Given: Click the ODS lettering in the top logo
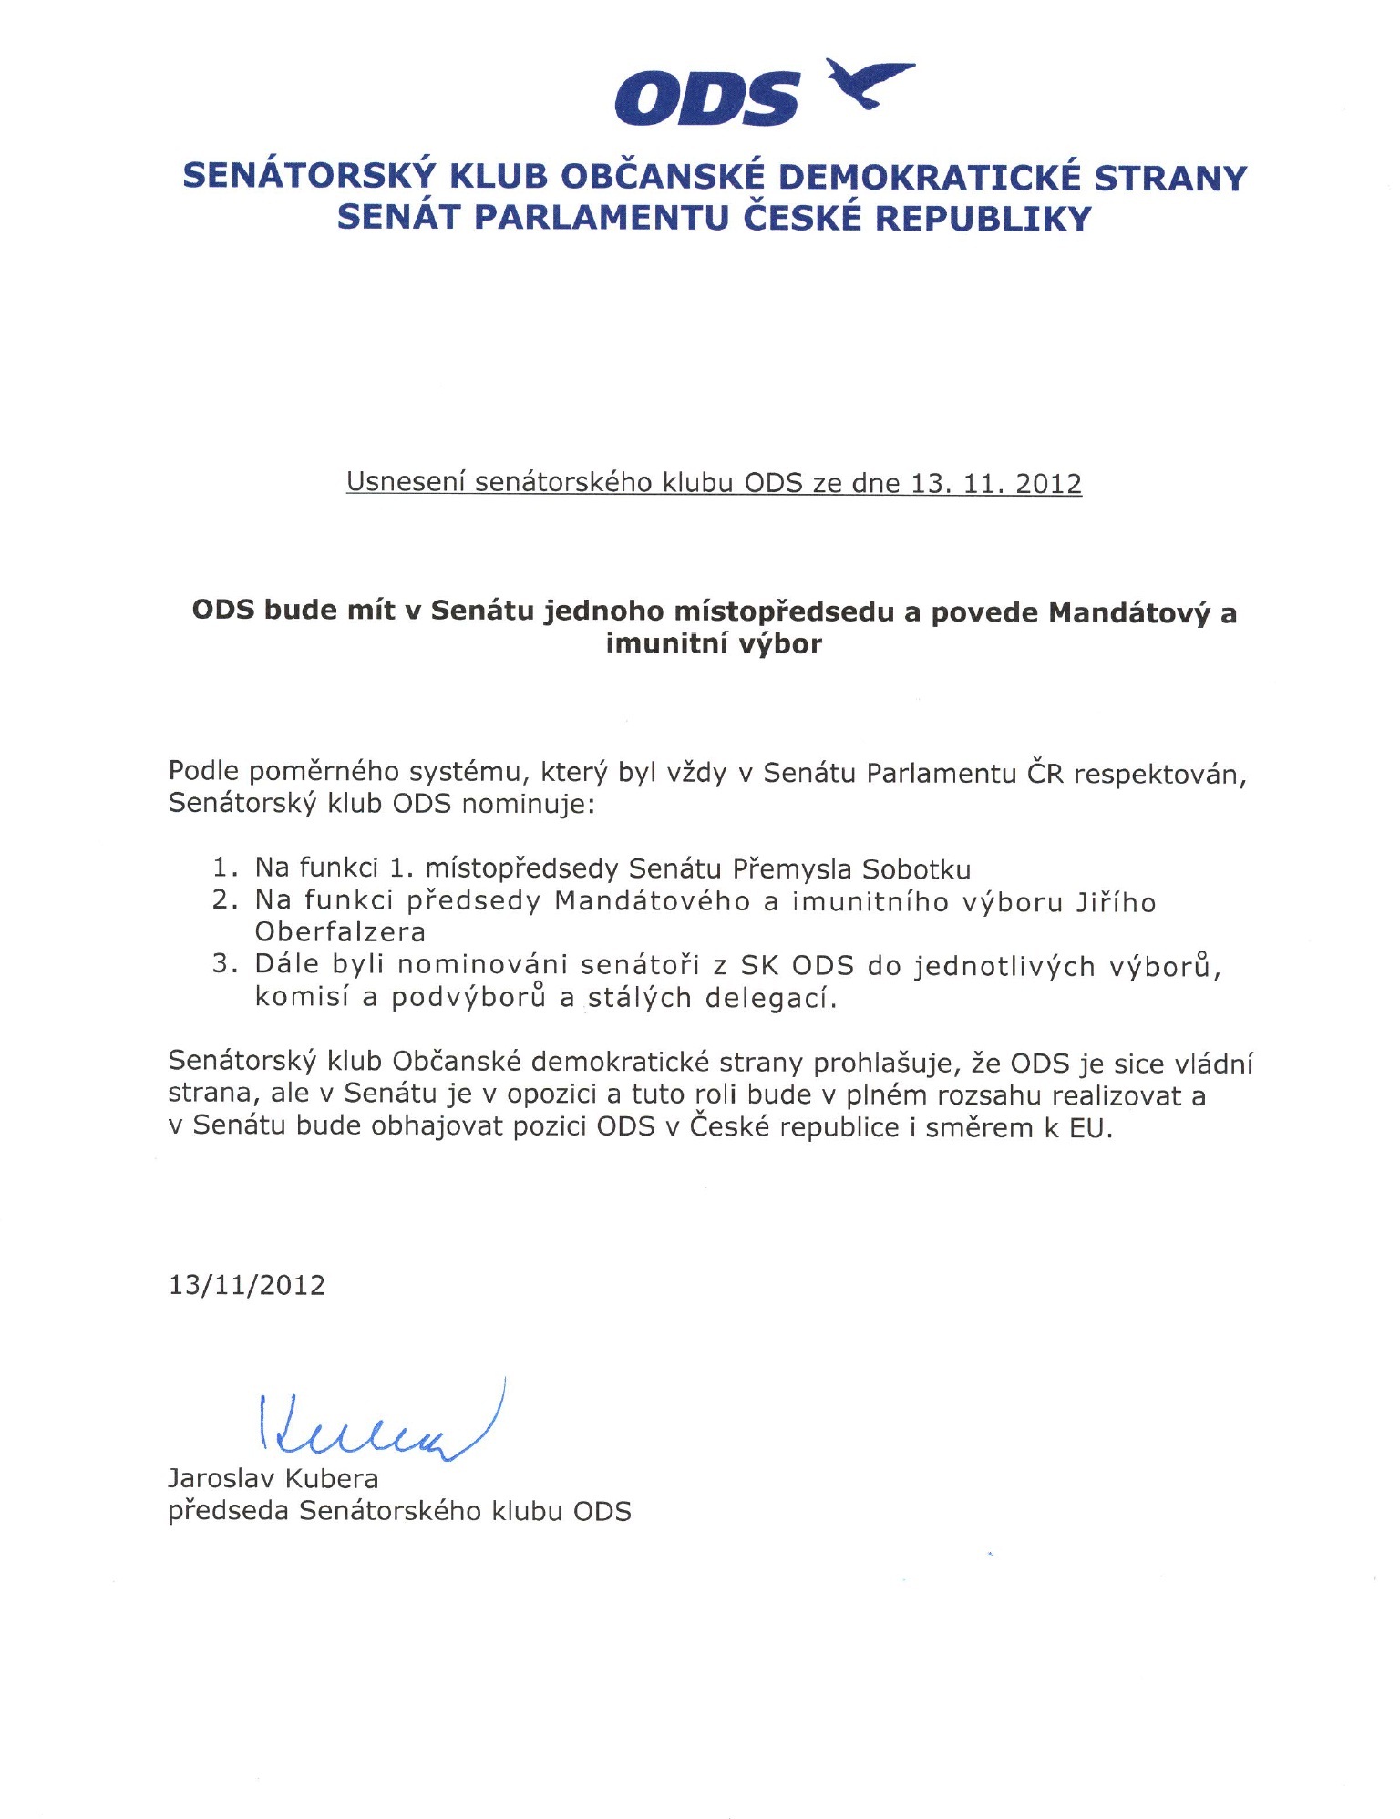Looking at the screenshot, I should [706, 99].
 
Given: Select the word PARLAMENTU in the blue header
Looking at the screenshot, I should [602, 219].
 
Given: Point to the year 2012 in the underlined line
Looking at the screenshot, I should [1048, 483].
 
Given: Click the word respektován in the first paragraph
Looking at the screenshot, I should [1159, 774].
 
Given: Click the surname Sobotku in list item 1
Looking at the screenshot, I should [916, 869].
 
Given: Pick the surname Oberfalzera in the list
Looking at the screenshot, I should [340, 932].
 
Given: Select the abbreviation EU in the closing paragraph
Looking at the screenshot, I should [1089, 1128].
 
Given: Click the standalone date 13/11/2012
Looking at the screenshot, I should [247, 1285].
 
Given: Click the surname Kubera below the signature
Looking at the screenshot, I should [332, 1478].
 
